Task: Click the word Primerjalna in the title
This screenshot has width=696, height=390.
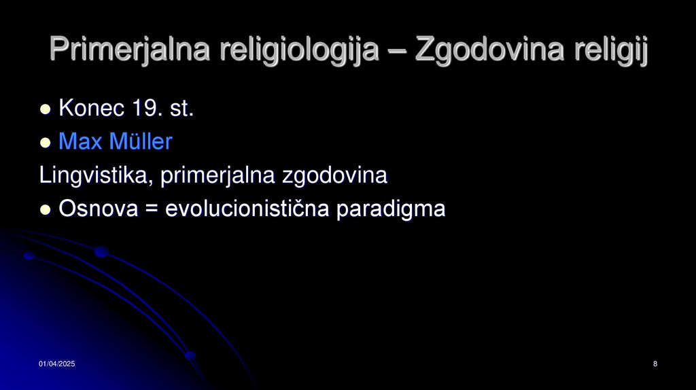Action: [x=129, y=50]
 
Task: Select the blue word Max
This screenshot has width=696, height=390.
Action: [x=80, y=142]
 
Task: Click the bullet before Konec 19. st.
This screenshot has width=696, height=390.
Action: [x=46, y=109]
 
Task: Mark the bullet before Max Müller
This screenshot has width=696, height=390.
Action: [x=46, y=143]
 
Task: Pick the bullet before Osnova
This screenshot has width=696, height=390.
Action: [x=46, y=210]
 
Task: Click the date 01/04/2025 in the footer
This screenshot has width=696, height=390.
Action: [x=56, y=366]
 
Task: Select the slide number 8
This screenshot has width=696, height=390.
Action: [x=655, y=366]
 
